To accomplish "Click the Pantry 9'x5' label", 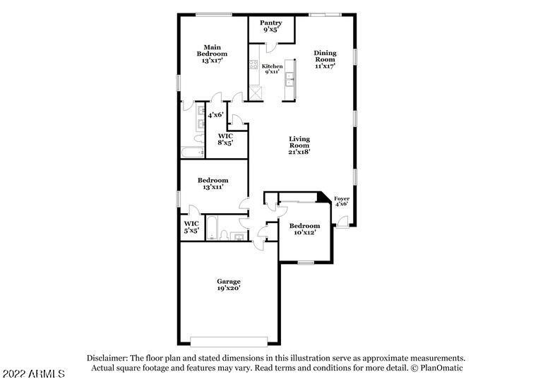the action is (270, 26).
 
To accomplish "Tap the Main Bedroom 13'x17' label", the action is (212, 54).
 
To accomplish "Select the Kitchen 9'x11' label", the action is (272, 69).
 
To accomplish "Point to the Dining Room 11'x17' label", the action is (325, 59).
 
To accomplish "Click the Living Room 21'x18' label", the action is (299, 145).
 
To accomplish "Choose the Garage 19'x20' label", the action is (229, 284).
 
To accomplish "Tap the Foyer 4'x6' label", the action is (342, 201).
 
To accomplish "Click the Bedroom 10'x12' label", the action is (304, 229).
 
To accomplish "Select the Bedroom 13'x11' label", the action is (213, 184).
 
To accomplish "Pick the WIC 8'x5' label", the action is (225, 139).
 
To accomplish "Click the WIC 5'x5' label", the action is (191, 227).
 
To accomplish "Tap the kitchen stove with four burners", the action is (253, 64).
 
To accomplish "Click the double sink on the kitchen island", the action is (289, 79).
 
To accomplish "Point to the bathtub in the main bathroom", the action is (193, 152).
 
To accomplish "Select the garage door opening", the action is (229, 342).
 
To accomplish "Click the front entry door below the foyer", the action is (342, 222).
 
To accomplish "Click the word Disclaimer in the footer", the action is (107, 358).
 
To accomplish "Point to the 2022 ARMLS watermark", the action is (33, 373).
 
